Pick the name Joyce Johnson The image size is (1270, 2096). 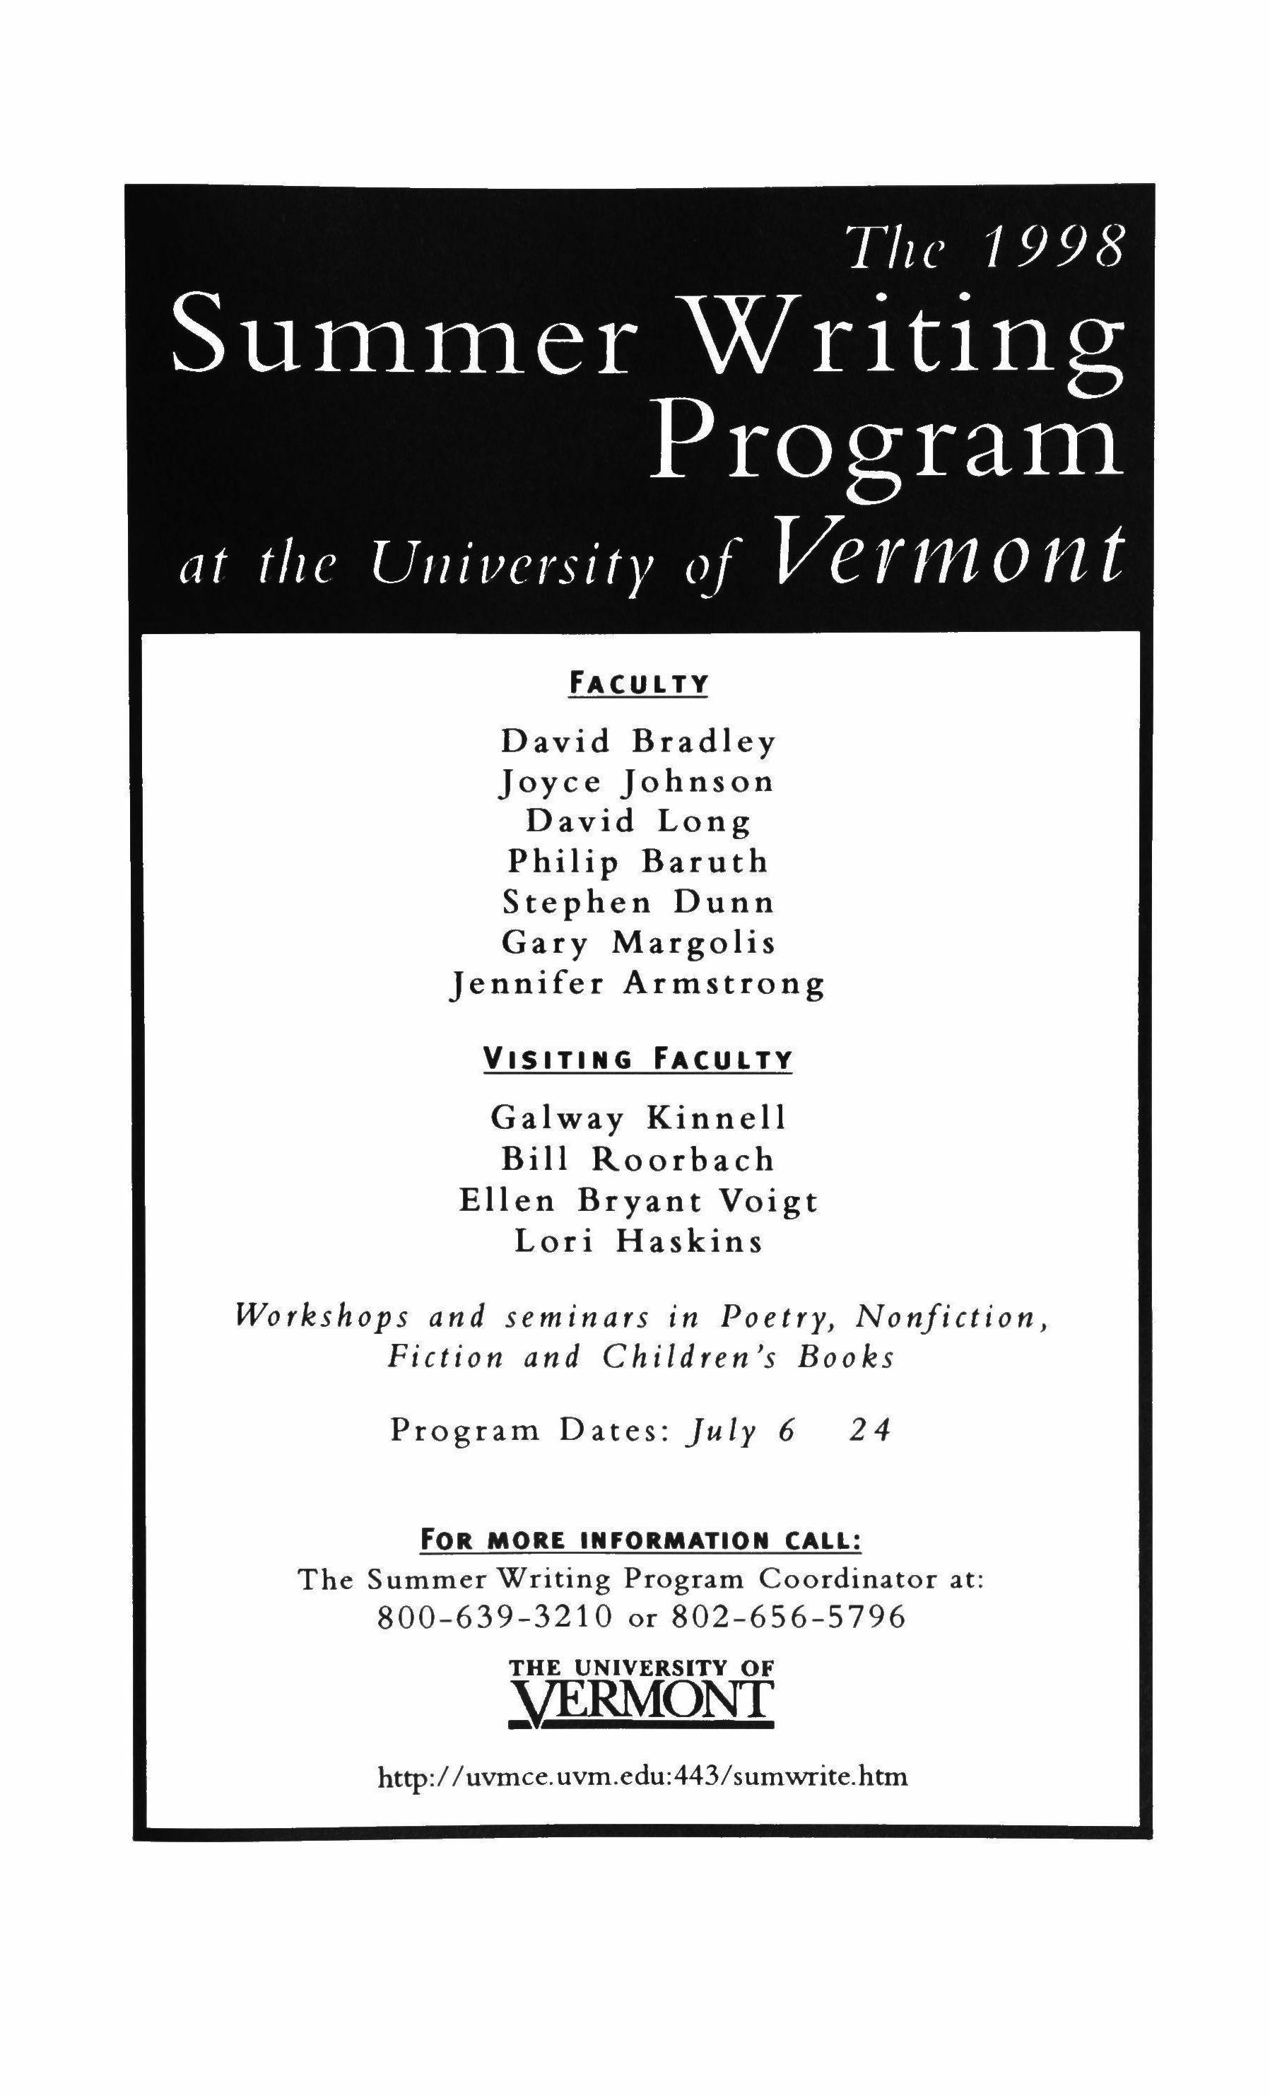(636, 782)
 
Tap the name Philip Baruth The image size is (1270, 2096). (638, 862)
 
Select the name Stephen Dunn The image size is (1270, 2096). (638, 902)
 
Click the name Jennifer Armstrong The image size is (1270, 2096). (638, 984)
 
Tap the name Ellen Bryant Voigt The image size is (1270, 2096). (638, 1200)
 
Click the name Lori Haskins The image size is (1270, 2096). (638, 1242)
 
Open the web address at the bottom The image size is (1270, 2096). (643, 1777)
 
